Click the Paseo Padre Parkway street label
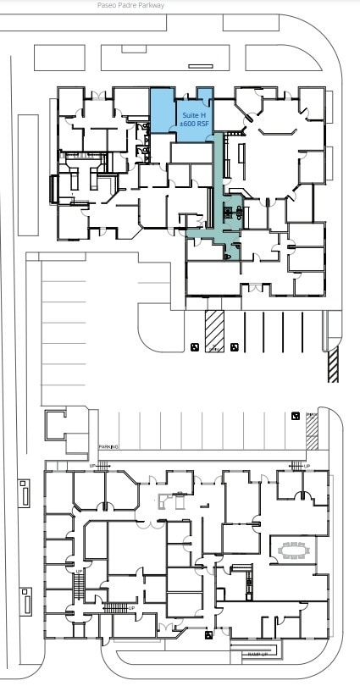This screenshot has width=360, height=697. [131, 5]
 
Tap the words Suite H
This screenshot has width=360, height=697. [194, 113]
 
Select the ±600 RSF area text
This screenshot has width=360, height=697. [194, 124]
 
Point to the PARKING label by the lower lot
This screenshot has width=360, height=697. [108, 446]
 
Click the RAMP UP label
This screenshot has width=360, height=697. [258, 654]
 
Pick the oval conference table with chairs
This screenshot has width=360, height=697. [296, 550]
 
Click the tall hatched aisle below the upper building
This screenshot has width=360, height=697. [214, 330]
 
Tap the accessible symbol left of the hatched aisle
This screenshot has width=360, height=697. [195, 347]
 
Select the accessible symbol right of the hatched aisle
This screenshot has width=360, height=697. [234, 347]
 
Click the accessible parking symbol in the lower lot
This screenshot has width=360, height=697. [295, 416]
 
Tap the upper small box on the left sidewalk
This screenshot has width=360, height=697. [25, 494]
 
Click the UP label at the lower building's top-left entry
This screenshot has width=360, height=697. [94, 466]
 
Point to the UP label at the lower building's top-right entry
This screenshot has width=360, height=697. [306, 466]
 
